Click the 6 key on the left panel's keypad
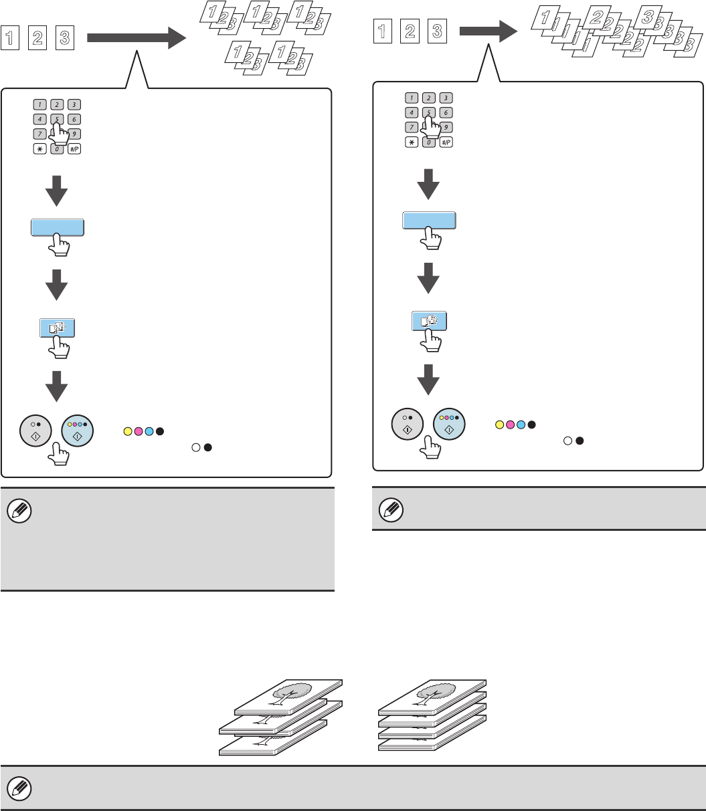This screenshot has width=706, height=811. [x=74, y=119]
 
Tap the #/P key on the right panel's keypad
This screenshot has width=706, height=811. [x=446, y=142]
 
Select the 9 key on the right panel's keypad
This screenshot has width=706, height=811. [x=446, y=127]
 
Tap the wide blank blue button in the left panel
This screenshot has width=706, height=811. [x=58, y=227]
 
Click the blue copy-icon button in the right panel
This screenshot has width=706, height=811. [x=428, y=320]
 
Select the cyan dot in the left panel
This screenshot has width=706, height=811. [x=149, y=431]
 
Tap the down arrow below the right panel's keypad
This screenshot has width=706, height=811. [x=428, y=183]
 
